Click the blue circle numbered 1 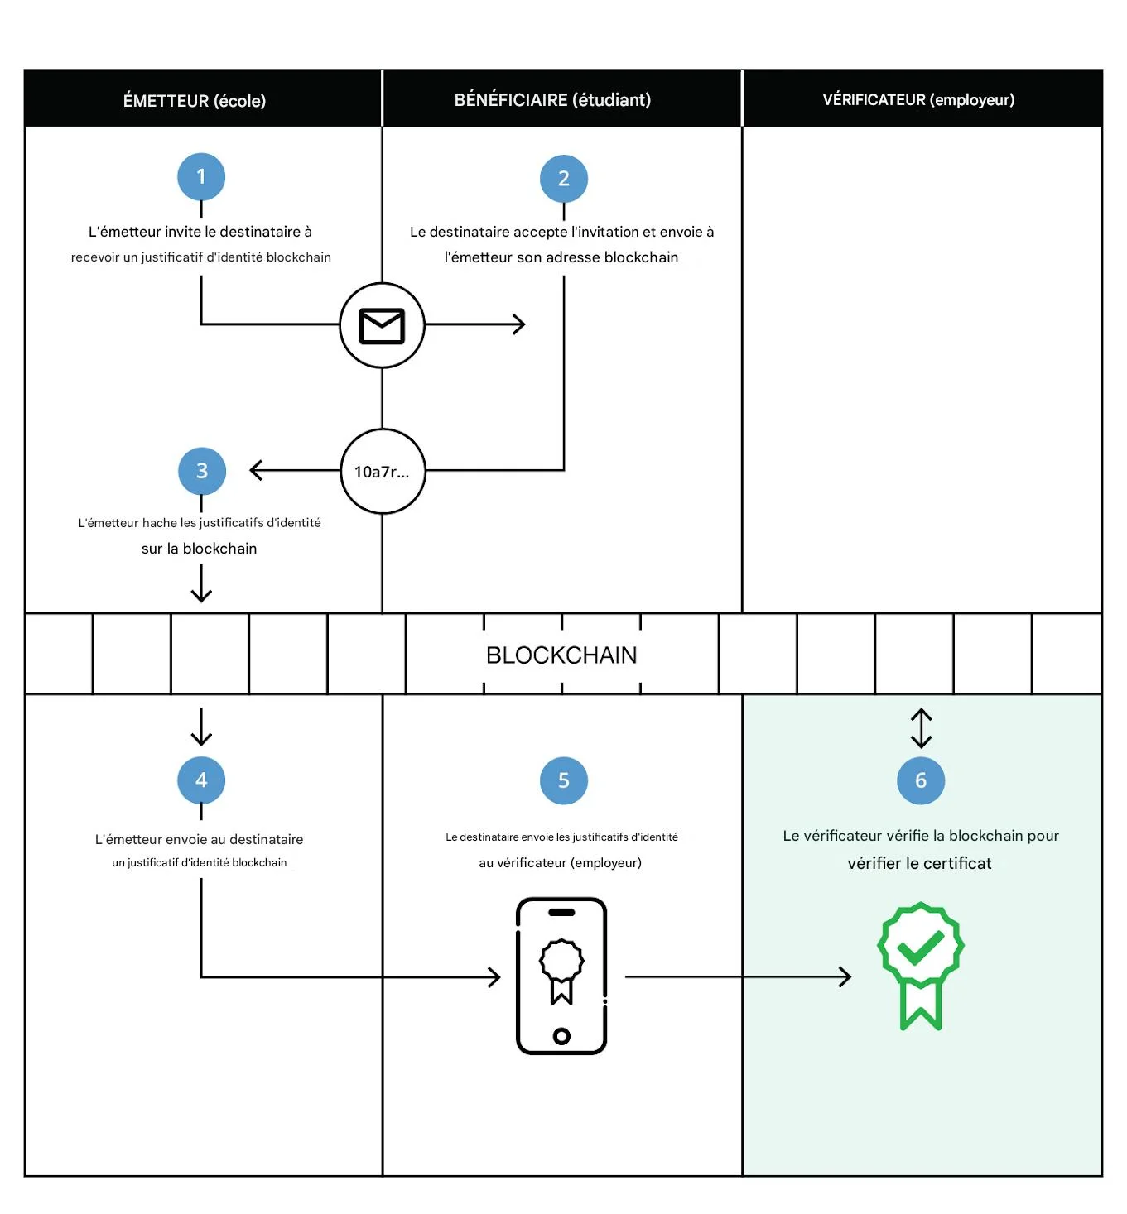point(201,176)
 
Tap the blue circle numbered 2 point(564,178)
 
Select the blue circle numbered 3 point(202,471)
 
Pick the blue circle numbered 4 point(201,780)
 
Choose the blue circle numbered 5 point(564,780)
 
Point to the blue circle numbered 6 point(921,780)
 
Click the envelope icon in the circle point(382,325)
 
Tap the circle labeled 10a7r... point(383,472)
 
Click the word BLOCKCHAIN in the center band point(561,655)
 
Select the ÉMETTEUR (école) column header point(195,101)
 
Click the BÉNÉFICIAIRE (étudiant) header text point(552,100)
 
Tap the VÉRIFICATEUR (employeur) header point(918,100)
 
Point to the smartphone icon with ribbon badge point(561,976)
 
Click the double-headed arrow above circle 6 point(921,728)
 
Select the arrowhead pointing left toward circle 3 point(256,470)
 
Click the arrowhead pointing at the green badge point(845,976)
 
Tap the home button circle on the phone point(561,1035)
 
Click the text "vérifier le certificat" point(919,863)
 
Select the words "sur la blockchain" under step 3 point(199,549)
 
